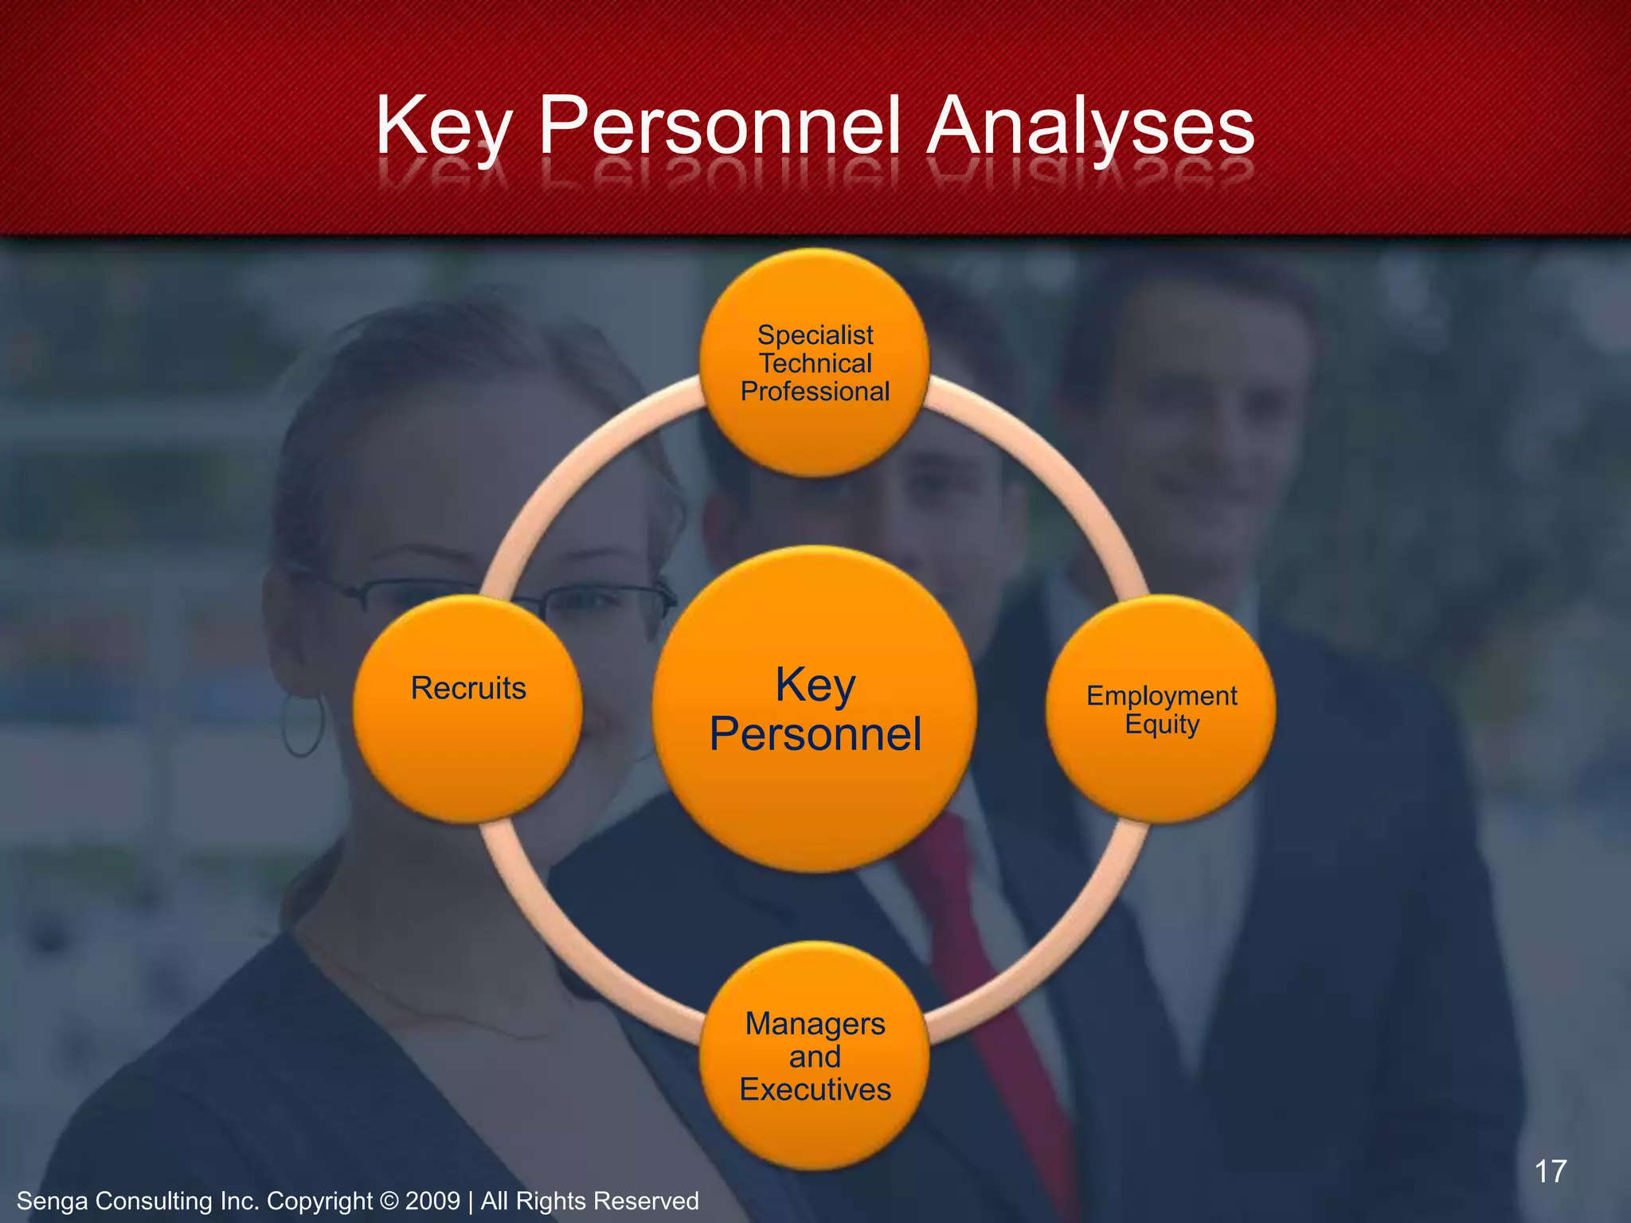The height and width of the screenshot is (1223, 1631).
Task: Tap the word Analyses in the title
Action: click(x=1090, y=127)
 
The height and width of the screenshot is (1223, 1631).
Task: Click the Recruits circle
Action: click(x=468, y=709)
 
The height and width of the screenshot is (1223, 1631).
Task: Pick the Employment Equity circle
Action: click(x=1161, y=709)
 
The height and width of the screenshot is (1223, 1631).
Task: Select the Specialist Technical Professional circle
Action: click(x=815, y=363)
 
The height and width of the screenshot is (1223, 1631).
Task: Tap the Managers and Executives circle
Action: click(x=815, y=1056)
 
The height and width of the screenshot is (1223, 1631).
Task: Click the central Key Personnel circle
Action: click(x=815, y=709)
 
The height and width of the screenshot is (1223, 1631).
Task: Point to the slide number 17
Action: click(x=1550, y=1171)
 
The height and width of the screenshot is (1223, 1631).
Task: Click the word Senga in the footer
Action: click(x=53, y=1201)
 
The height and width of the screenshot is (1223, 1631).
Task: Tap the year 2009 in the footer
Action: click(x=432, y=1201)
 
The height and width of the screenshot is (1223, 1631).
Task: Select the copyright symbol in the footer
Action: click(x=389, y=1201)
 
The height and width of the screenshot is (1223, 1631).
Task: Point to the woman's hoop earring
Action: click(x=303, y=724)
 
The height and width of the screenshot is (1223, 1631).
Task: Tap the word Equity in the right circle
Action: click(x=1162, y=725)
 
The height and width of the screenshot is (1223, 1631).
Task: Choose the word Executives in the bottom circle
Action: click(x=815, y=1089)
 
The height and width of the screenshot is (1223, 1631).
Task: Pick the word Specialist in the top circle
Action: click(x=815, y=335)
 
